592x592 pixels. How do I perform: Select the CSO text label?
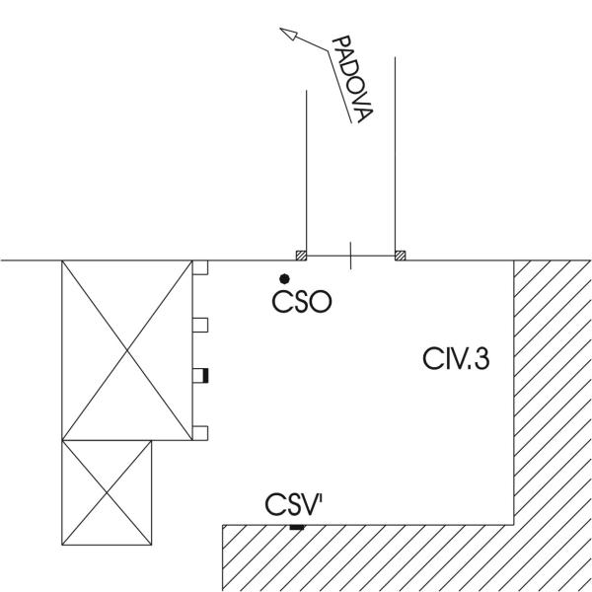pos(301,301)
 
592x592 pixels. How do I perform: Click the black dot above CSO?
pos(284,279)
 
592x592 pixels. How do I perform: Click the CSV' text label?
pos(294,506)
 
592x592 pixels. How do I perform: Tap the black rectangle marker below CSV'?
pos(295,529)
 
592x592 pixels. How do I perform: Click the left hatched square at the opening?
pos(303,257)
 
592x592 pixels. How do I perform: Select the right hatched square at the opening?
pos(400,257)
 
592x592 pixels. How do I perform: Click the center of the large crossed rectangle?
pos(127,350)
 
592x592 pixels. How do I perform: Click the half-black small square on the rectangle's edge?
pos(199,375)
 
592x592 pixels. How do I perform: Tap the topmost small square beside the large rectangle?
pos(199,267)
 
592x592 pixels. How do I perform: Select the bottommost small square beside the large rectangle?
pos(199,430)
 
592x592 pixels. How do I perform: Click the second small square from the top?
pos(199,323)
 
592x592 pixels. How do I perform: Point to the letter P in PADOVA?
pos(338,44)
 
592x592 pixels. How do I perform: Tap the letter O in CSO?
pos(318,301)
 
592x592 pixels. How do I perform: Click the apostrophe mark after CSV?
pos(321,499)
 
